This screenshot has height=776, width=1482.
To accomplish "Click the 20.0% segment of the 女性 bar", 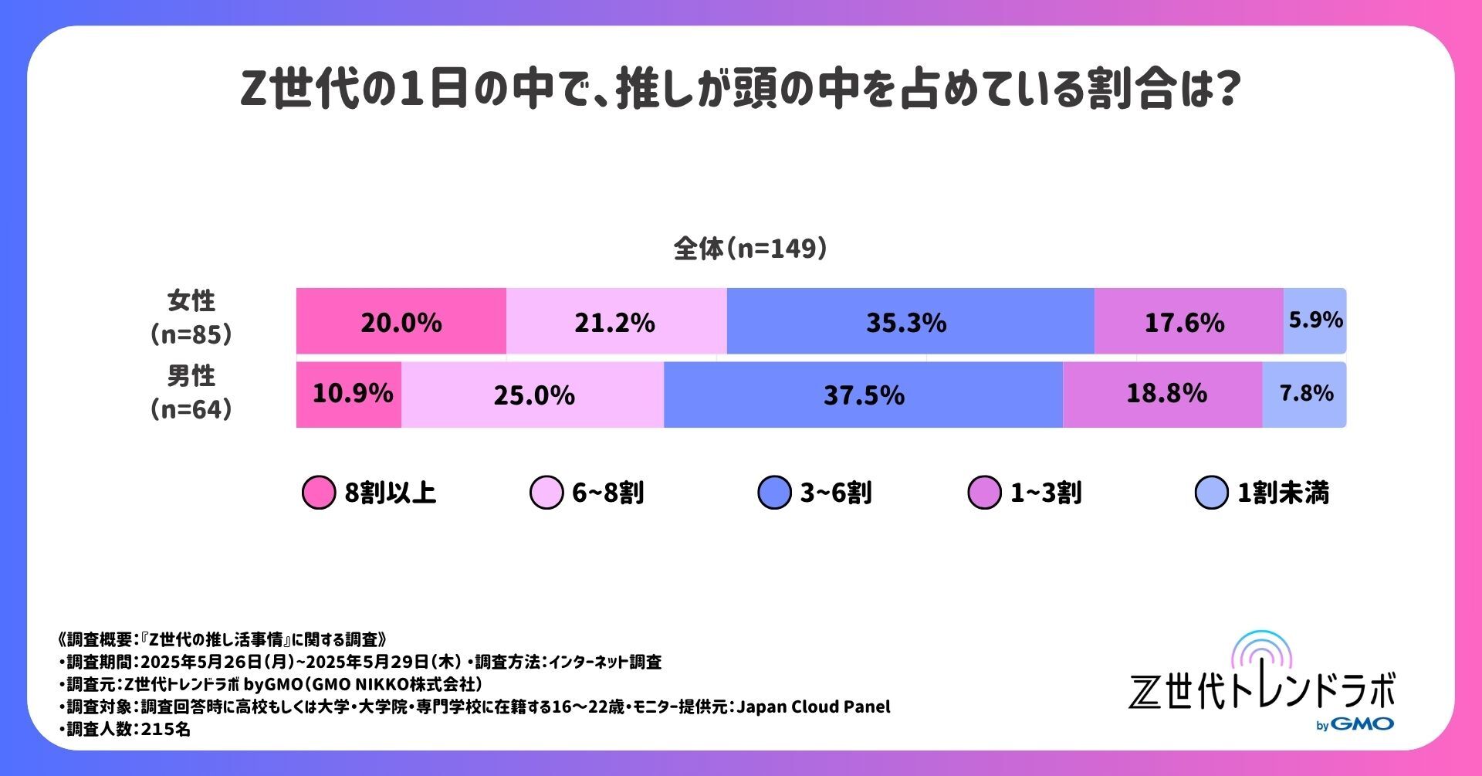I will (401, 321).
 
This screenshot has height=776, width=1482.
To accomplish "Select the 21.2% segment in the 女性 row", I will (615, 321).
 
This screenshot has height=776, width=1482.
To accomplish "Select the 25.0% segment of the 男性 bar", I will (533, 395).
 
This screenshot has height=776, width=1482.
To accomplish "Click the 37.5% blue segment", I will (863, 395).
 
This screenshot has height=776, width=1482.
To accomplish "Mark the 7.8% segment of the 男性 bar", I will (1305, 394).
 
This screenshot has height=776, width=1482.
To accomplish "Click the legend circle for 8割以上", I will (318, 493).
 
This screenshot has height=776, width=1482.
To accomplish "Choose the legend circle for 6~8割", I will (546, 493).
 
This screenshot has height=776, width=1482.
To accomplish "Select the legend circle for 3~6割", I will (774, 493).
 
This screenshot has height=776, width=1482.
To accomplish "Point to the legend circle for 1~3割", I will (984, 493).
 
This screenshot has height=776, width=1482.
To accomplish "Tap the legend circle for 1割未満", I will (1211, 493).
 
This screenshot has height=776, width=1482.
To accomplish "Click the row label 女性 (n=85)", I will (191, 317).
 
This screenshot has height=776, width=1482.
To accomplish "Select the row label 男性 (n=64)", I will (191, 392).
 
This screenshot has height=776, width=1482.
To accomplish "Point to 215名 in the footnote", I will (165, 729).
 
